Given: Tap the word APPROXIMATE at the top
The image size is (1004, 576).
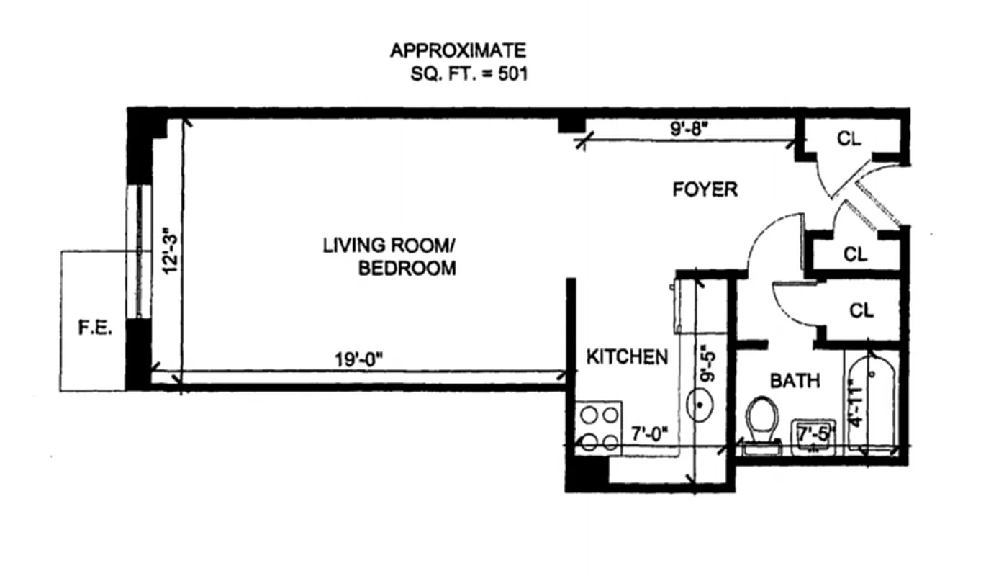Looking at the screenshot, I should [458, 50].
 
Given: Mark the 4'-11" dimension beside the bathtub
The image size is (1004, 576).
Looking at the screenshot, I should [856, 403].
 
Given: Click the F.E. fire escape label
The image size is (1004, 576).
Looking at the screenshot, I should [92, 328].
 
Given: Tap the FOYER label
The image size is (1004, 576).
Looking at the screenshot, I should [705, 189].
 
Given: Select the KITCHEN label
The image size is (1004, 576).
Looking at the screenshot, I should [627, 356].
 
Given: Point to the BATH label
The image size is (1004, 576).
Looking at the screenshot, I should [795, 380].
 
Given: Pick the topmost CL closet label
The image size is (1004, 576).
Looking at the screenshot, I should [849, 140].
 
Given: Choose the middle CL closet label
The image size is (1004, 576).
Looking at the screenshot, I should [854, 253].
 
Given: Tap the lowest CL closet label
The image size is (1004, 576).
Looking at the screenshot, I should [861, 310].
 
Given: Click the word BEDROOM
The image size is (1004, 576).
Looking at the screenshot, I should [407, 269].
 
